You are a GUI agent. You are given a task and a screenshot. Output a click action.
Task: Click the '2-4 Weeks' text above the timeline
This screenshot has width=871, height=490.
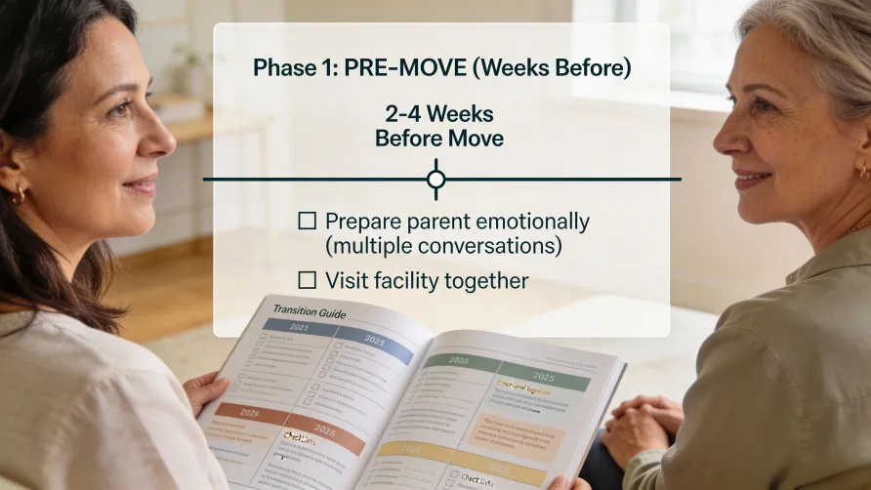click(x=439, y=113)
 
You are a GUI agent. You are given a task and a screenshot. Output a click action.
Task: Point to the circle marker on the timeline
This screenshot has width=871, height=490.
click(x=436, y=180)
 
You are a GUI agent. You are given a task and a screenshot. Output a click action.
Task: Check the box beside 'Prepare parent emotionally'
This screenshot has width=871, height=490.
click(x=307, y=222)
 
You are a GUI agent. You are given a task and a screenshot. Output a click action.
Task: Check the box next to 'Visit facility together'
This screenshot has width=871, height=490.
click(x=307, y=280)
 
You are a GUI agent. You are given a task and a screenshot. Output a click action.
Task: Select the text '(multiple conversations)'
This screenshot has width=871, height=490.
click(x=443, y=246)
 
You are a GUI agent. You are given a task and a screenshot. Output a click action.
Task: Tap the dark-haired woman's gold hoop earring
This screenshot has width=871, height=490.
click(x=19, y=194)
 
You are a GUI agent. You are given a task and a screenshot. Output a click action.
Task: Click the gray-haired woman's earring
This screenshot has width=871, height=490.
click(x=862, y=172)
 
